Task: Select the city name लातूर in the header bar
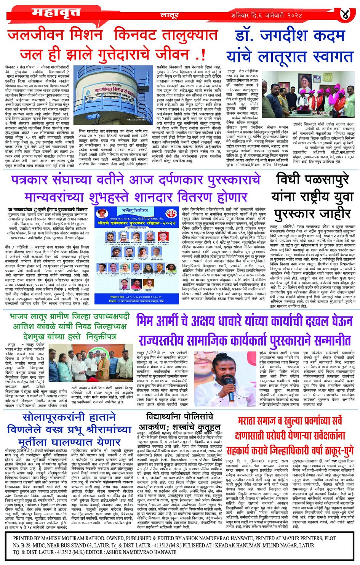[169, 16]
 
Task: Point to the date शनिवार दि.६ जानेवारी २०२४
[267, 16]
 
